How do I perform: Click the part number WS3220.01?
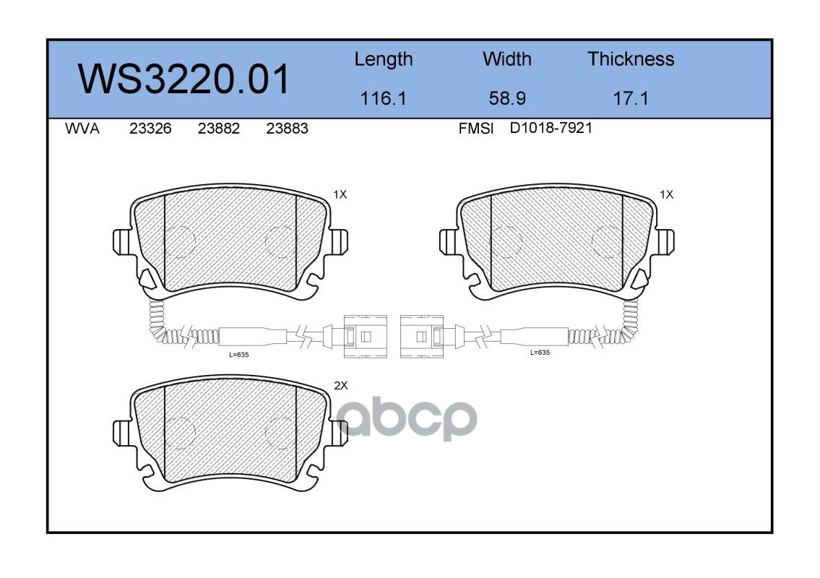pos(184,79)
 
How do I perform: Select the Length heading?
pos(384,60)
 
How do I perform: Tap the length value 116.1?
pos(384,98)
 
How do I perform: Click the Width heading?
pos(506,59)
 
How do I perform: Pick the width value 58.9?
pos(507,98)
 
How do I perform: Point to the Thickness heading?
pos(631,59)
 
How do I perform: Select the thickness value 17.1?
pos(631,98)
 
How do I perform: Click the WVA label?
pos(82,129)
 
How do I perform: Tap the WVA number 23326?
pos(150,129)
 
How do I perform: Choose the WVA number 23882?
pos(219,129)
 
